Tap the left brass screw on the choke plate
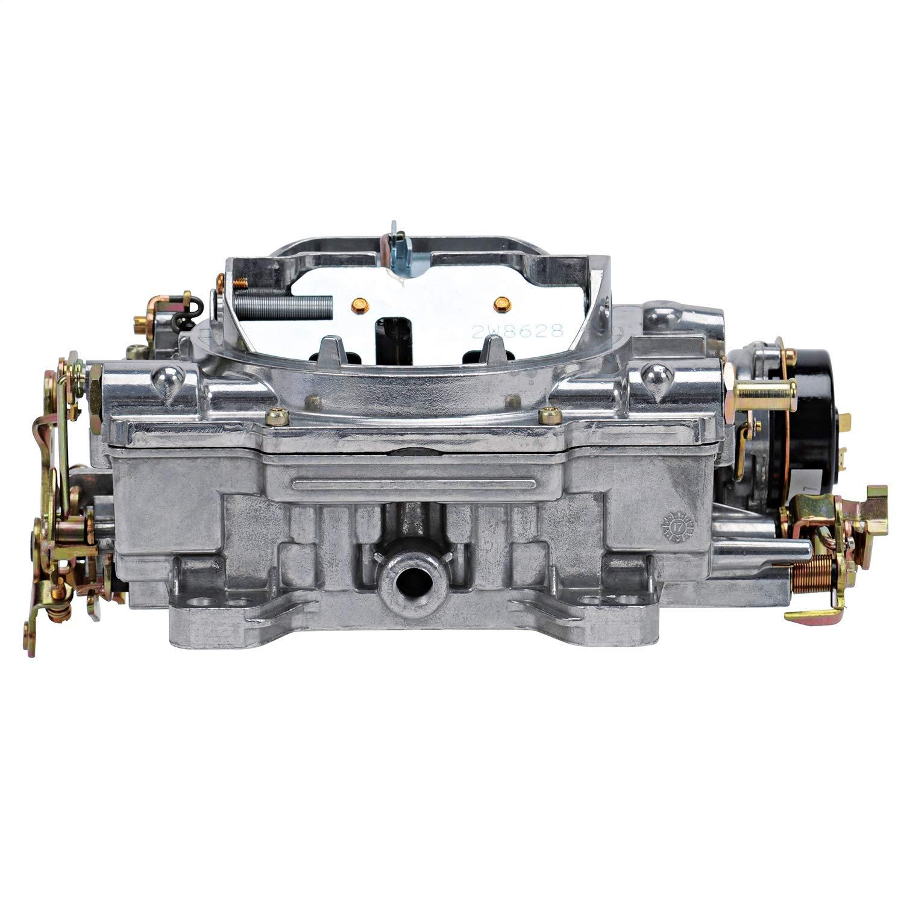pos(361,305)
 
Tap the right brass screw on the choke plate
pos(499,304)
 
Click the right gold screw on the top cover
pos(548,414)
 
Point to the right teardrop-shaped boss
pos(654,378)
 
